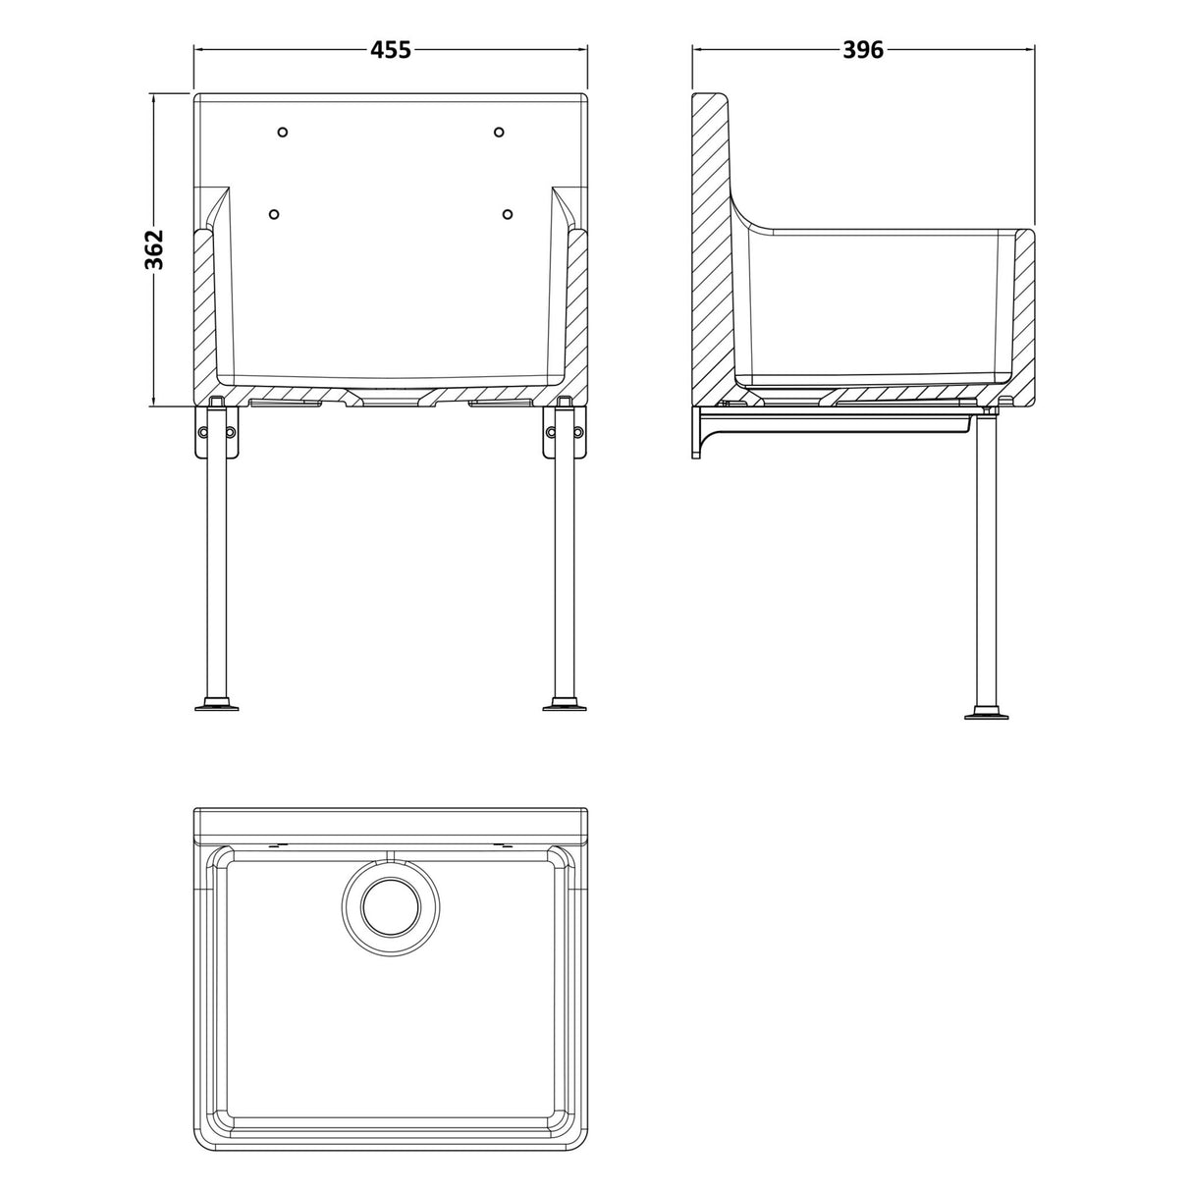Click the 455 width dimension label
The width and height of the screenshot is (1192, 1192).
(390, 49)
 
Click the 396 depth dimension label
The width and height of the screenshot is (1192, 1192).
(863, 49)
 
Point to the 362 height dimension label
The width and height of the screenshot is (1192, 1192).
(153, 249)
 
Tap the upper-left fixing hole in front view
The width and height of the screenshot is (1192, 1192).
(283, 133)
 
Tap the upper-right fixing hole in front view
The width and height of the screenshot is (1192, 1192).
(499, 133)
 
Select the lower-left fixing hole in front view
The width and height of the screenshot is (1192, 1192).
(274, 214)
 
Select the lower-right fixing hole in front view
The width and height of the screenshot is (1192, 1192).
(508, 214)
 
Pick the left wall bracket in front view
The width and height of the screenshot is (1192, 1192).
(217, 433)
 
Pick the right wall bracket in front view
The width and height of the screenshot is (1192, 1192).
(565, 433)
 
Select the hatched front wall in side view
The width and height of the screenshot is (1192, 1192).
(1023, 314)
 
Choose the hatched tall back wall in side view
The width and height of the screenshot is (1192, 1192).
(711, 245)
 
